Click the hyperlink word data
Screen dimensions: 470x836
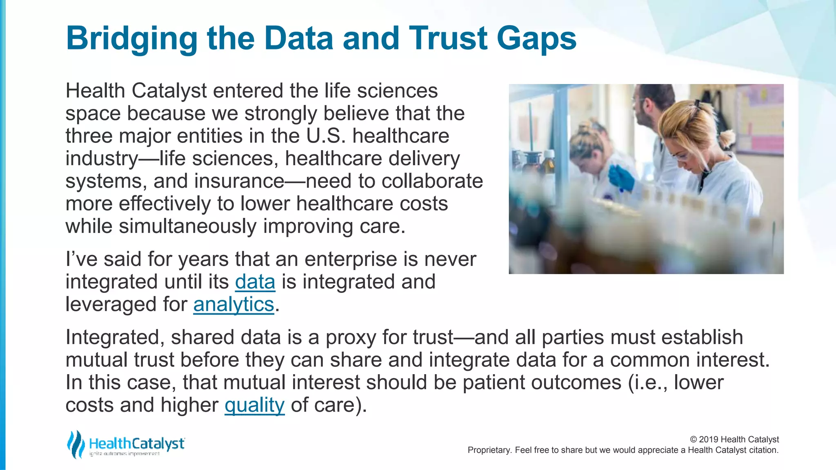coord(255,282)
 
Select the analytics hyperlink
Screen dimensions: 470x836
coord(233,304)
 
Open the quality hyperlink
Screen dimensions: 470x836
coord(254,405)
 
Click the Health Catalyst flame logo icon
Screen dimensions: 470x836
coord(76,444)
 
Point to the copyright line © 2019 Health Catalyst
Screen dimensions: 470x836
coord(734,439)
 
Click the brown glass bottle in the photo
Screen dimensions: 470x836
coord(548,163)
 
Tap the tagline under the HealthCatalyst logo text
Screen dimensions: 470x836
coord(124,454)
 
